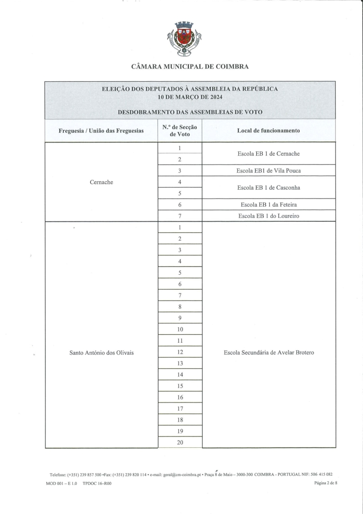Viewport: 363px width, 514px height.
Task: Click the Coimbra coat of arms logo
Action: click(x=184, y=39)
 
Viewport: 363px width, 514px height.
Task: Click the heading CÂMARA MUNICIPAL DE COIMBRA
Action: click(x=190, y=67)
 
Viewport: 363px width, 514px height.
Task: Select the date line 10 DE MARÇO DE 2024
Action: click(x=190, y=97)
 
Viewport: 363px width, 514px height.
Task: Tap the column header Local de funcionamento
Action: click(x=268, y=131)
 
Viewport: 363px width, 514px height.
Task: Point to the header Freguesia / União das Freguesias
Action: click(x=101, y=131)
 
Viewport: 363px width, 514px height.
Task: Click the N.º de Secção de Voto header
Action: click(x=180, y=131)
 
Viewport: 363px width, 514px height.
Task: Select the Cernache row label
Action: click(x=101, y=182)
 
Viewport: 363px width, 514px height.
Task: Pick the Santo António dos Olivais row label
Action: click(x=101, y=352)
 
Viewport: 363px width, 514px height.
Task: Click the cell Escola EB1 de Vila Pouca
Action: click(x=268, y=171)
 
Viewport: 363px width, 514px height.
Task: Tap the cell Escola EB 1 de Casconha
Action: click(x=268, y=188)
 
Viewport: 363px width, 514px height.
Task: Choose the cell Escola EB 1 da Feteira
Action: click(x=268, y=205)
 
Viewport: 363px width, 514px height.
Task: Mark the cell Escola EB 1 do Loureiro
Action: click(x=268, y=216)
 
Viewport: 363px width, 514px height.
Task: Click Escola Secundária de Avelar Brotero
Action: click(x=268, y=352)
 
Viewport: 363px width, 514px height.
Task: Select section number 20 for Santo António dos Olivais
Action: click(x=180, y=443)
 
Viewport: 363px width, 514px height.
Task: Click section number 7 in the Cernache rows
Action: click(x=180, y=216)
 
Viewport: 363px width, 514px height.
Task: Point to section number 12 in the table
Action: click(x=180, y=352)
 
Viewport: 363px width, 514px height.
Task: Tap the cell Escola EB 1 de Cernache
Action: click(x=268, y=154)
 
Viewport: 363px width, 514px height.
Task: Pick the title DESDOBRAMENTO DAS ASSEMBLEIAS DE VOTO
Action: click(x=190, y=112)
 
